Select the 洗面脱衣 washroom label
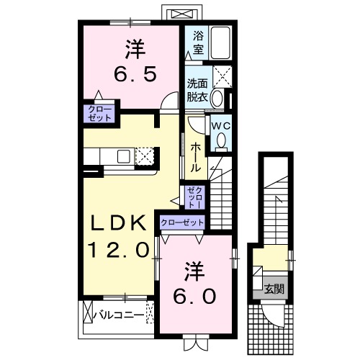click(197, 89)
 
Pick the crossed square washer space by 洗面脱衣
click(222, 75)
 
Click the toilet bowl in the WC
click(222, 140)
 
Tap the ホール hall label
click(195, 156)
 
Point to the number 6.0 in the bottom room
click(194, 295)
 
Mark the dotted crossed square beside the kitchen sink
click(145, 156)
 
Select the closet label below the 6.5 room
click(96, 114)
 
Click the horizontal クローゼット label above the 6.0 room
click(182, 222)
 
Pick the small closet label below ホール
click(194, 195)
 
